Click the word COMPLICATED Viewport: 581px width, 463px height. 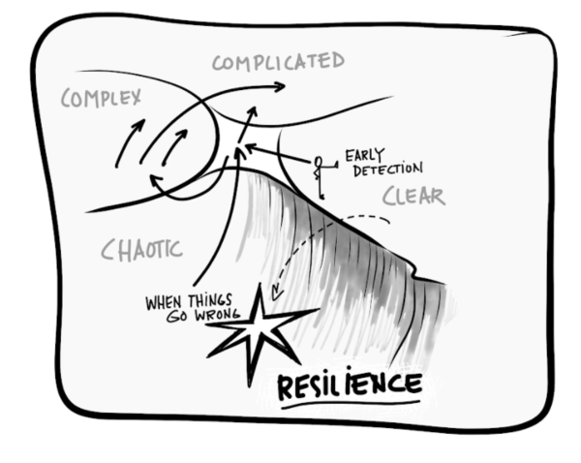pos(278,63)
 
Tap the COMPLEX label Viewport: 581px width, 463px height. pos(101,97)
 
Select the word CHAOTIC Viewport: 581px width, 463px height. pos(141,250)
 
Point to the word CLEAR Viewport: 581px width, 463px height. pos(413,197)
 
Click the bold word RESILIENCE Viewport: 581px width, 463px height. pos(350,385)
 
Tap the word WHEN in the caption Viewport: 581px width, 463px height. pos(163,302)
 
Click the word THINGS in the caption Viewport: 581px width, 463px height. pos(209,300)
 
